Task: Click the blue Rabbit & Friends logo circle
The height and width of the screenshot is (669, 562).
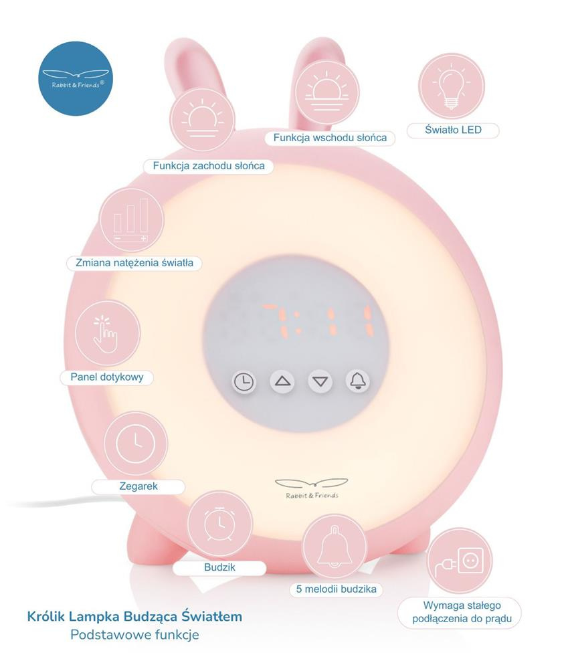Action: (76, 78)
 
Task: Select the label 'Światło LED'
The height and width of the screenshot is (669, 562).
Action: (453, 130)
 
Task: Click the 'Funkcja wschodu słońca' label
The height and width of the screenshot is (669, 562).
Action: (330, 138)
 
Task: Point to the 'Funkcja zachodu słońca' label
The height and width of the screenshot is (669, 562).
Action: (209, 165)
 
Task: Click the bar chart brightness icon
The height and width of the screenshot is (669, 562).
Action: (132, 221)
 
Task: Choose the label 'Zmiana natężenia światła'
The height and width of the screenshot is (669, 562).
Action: (134, 263)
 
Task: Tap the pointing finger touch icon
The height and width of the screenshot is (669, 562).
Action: (107, 332)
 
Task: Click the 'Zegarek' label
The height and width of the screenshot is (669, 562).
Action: (138, 486)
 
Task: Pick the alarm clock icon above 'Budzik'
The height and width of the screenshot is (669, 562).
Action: (219, 525)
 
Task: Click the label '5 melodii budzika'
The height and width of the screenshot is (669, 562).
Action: (335, 589)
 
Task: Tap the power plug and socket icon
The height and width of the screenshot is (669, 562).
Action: (459, 561)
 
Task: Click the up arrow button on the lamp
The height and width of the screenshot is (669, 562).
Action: (282, 382)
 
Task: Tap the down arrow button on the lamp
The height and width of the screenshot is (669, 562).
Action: (320, 382)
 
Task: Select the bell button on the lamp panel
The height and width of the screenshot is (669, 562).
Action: (358, 381)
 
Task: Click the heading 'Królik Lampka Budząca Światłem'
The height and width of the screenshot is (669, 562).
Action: (134, 616)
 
